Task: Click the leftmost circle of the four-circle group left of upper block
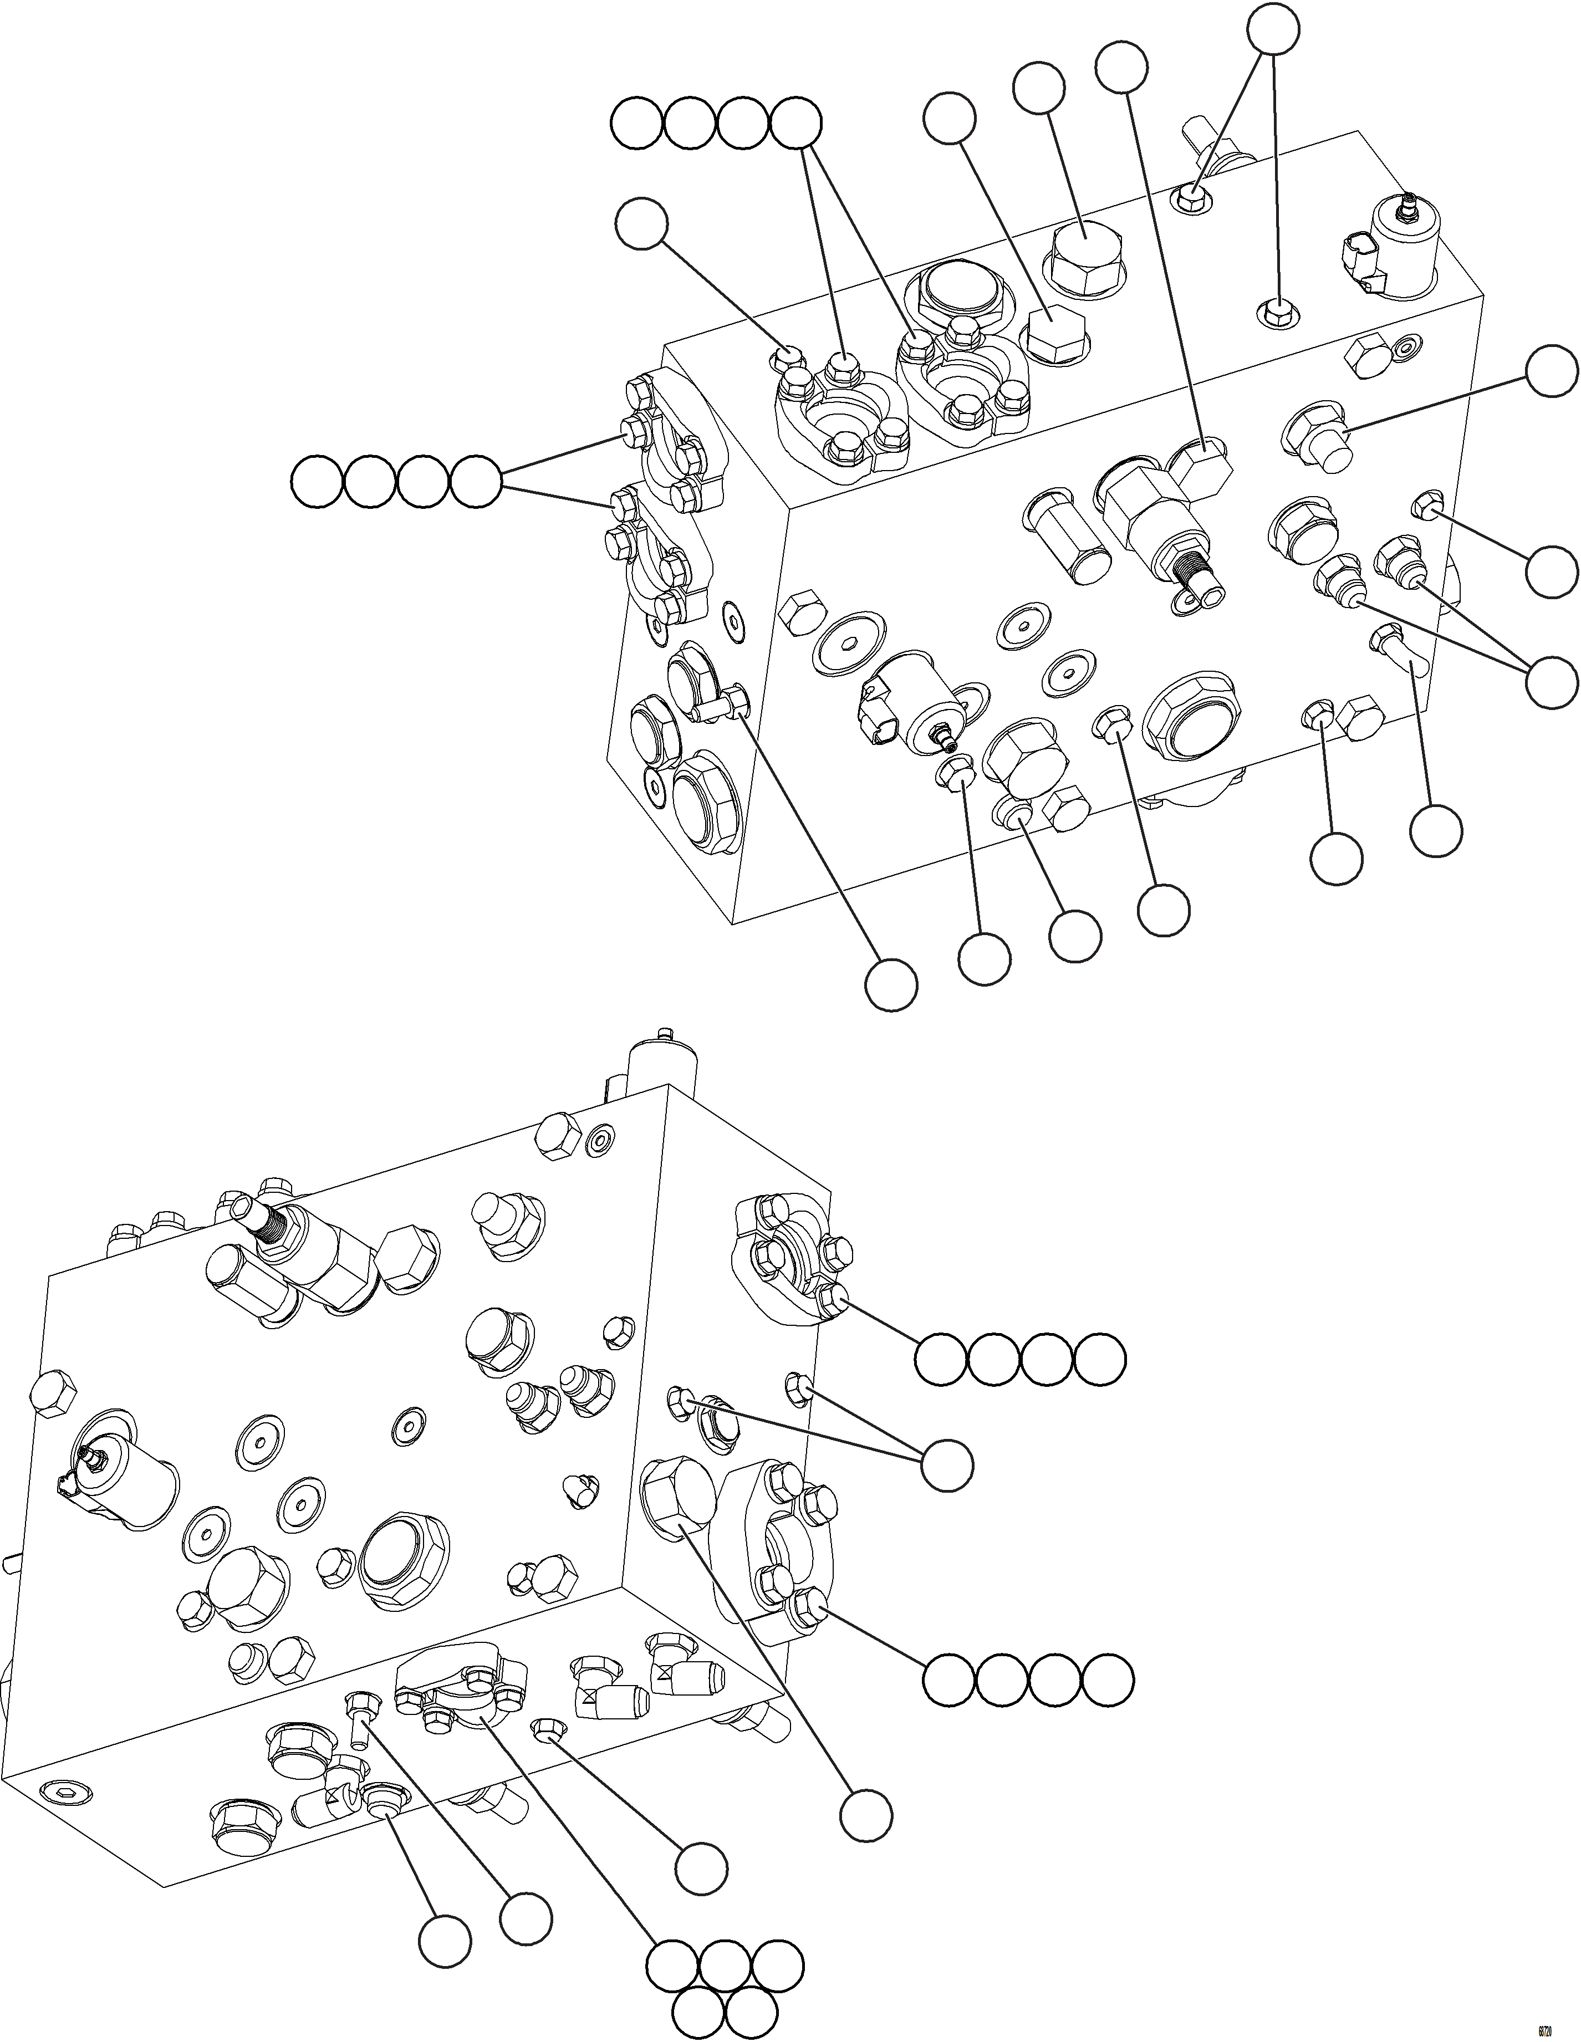click(317, 483)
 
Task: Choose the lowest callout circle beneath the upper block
click(889, 983)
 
